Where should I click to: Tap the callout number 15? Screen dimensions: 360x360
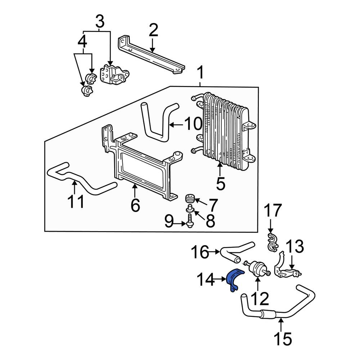point(283,339)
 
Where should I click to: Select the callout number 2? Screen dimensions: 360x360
point(153,30)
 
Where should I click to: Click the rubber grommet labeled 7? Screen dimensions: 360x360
point(190,199)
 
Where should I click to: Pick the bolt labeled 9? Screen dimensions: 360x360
point(189,220)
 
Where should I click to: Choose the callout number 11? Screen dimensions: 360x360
point(76,201)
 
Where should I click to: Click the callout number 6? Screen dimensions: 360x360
point(135,205)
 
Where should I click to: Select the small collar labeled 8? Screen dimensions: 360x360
point(190,208)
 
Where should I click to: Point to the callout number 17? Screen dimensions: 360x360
point(273,210)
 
